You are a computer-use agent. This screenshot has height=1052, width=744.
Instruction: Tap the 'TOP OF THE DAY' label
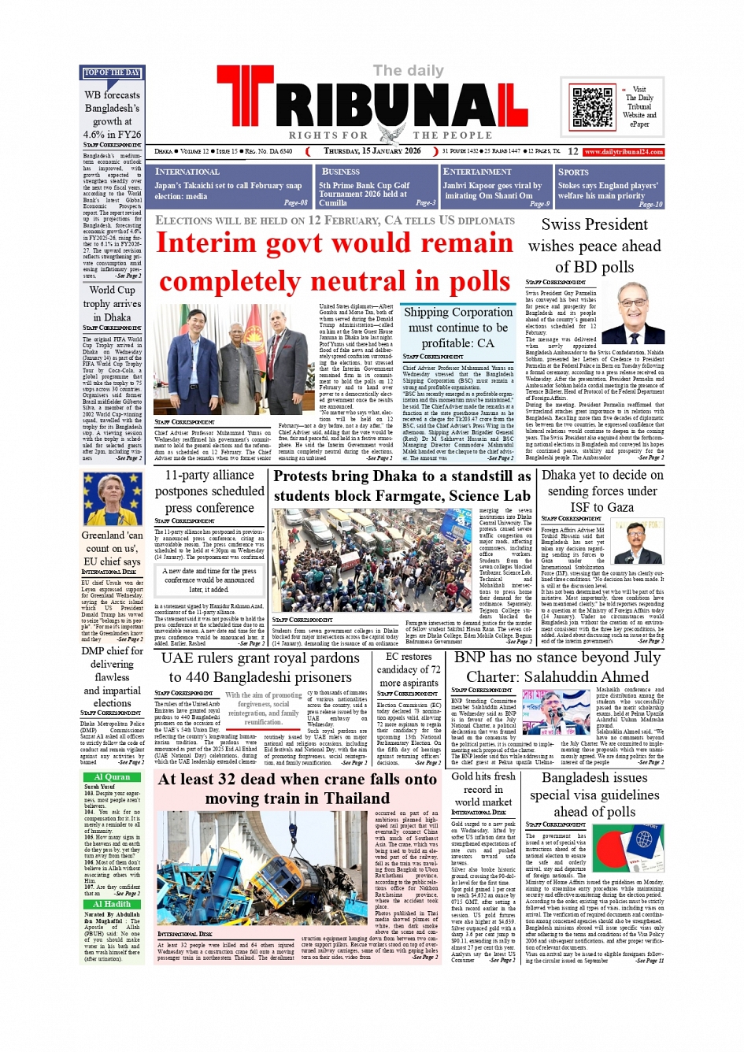(x=112, y=72)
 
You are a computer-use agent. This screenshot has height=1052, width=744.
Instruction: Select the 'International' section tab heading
(x=187, y=172)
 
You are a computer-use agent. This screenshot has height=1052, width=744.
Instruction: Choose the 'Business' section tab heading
(x=341, y=172)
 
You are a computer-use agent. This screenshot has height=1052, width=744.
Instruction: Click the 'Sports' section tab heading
(x=573, y=172)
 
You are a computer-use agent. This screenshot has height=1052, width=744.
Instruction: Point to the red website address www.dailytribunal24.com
(x=624, y=152)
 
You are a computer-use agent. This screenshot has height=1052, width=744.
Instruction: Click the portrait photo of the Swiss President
(x=634, y=314)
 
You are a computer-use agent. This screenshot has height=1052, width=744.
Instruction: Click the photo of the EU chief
(x=113, y=499)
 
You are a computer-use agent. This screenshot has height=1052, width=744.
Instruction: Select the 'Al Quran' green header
(x=112, y=776)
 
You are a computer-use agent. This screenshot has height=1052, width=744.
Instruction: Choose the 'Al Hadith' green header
(x=112, y=904)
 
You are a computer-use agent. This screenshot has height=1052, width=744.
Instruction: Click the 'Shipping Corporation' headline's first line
(x=458, y=312)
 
